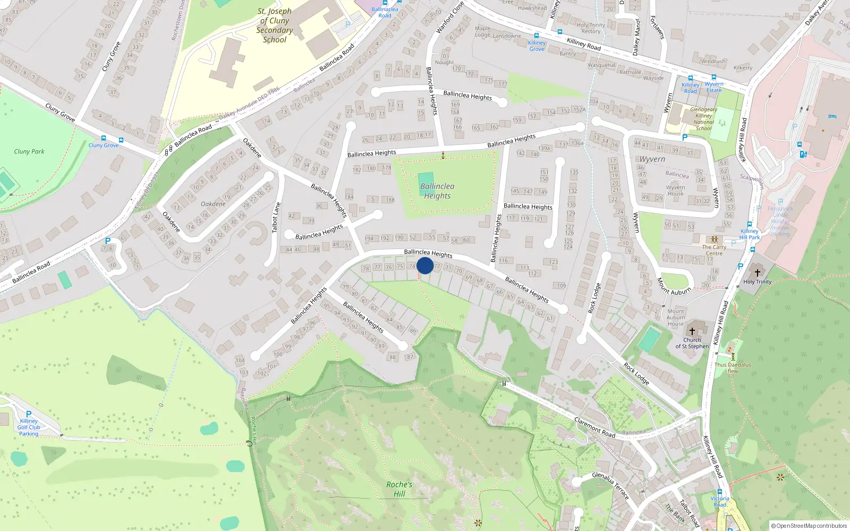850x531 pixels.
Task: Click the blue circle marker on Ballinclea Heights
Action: [x=425, y=265]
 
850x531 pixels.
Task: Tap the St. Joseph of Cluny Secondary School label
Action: [x=275, y=25]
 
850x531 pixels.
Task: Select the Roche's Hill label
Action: [x=399, y=489]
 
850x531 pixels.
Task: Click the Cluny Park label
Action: [x=29, y=151]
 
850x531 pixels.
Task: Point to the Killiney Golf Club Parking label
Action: [x=29, y=427]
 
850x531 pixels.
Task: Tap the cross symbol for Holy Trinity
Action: [x=758, y=272]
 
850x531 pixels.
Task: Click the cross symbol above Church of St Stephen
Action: [x=692, y=331]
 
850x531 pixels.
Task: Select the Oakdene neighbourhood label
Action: [x=213, y=204]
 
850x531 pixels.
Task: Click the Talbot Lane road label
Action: [x=276, y=217]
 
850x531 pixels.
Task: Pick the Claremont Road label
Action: [x=594, y=427]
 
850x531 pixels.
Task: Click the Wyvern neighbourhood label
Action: [x=652, y=159]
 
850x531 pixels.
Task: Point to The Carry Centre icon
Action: [x=714, y=239]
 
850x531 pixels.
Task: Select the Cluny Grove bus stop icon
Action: [x=121, y=140]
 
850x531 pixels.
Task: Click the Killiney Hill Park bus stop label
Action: [x=750, y=234]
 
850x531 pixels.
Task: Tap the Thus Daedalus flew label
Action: [x=733, y=367]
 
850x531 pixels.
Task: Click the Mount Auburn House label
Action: [x=676, y=318]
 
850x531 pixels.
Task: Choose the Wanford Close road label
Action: [x=449, y=18]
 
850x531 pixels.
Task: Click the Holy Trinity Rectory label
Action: [x=591, y=28]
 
